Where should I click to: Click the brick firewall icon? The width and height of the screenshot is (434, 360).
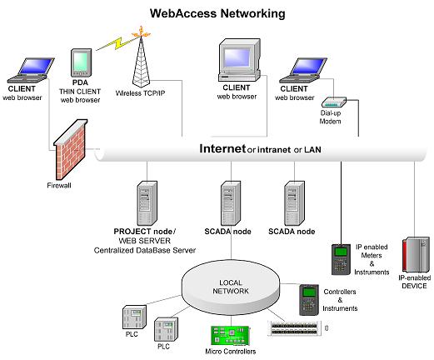[x=71, y=149]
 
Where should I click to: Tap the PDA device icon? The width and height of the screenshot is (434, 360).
[x=81, y=62]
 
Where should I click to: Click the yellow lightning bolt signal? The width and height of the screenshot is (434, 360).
[x=117, y=43]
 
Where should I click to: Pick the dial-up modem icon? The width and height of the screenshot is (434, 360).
[x=334, y=102]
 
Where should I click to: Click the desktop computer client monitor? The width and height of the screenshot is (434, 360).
[x=239, y=60]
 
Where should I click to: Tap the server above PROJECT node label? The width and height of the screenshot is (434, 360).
[x=147, y=203]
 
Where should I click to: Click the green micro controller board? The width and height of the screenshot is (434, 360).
[x=231, y=336]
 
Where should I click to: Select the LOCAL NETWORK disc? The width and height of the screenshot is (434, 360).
[x=231, y=287]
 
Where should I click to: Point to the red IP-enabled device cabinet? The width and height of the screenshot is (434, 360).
[x=416, y=255]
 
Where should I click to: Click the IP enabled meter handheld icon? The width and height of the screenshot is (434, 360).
[x=341, y=259]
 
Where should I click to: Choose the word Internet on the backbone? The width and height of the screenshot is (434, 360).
[x=222, y=148]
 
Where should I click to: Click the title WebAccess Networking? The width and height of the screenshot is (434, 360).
[x=217, y=13]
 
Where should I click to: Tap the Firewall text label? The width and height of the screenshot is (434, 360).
[x=59, y=185]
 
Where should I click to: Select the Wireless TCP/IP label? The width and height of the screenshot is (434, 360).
[x=140, y=93]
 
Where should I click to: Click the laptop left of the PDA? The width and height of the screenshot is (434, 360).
[x=31, y=70]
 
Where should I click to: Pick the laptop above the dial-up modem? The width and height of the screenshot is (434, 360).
[x=303, y=70]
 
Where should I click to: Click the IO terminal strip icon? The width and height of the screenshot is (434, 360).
[x=295, y=328]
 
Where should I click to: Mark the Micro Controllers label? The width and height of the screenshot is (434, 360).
[x=231, y=352]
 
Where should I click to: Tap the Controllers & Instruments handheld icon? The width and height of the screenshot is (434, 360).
[x=309, y=300]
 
